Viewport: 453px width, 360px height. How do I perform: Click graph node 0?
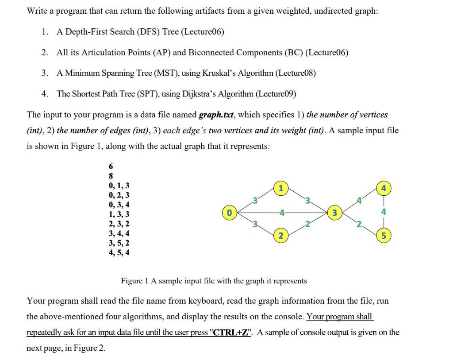coord(229,213)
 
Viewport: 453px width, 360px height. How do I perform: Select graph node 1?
coord(280,188)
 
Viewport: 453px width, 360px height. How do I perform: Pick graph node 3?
coord(335,213)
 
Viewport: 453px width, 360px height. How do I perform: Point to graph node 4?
coord(384,188)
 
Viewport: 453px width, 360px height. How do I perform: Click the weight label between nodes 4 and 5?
coord(384,212)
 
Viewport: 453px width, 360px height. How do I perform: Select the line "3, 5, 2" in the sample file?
coord(119,243)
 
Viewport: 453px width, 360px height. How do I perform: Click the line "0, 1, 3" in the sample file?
coord(119,186)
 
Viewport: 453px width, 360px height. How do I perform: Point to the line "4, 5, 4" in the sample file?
coord(119,253)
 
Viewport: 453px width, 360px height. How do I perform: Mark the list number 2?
coord(45,53)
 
